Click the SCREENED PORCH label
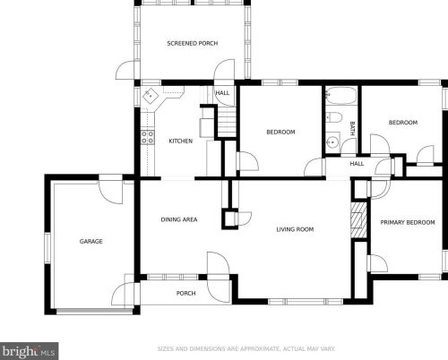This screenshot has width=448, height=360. pyautogui.click(x=193, y=43)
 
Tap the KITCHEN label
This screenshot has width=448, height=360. pyautogui.click(x=181, y=141)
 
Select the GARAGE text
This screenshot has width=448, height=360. pyautogui.click(x=91, y=241)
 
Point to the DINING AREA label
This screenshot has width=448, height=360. pyautogui.click(x=179, y=219)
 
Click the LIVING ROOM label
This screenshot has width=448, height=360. pyautogui.click(x=295, y=229)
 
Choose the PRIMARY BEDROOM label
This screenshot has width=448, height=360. pyautogui.click(x=408, y=222)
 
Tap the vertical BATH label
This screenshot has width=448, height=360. pyautogui.click(x=352, y=128)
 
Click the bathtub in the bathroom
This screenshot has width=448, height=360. pyautogui.click(x=340, y=95)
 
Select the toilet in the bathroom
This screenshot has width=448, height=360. pyautogui.click(x=334, y=117)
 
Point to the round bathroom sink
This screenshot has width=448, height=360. pyautogui.click(x=332, y=142)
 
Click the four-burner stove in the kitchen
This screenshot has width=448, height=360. pyautogui.click(x=148, y=137)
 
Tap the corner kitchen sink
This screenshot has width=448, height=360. pyautogui.click(x=151, y=96)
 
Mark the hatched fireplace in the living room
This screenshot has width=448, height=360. pyautogui.click(x=358, y=220)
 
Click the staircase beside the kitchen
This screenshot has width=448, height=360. pyautogui.click(x=227, y=122)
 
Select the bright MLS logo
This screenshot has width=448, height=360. pyautogui.click(x=29, y=351)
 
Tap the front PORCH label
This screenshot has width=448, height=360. pyautogui.click(x=185, y=293)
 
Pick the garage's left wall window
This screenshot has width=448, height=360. pyautogui.click(x=47, y=248)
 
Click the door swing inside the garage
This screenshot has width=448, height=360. pyautogui.click(x=111, y=192)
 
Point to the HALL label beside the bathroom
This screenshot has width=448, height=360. pyautogui.click(x=357, y=164)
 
